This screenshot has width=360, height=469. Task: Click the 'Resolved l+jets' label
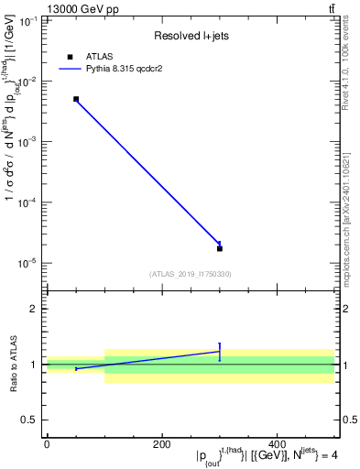pos(190,36)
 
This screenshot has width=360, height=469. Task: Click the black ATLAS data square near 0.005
pos(76,99)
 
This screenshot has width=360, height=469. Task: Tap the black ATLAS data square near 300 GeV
pos(220,248)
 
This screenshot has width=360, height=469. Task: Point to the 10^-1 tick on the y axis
pos(28,20)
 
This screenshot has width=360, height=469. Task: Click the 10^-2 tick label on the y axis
pos(28,82)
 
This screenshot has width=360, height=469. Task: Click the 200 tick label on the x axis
pos(162,444)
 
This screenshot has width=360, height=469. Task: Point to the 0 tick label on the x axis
pos(47,444)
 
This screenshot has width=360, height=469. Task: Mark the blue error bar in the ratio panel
pos(220,352)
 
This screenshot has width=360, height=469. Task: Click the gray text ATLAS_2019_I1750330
pos(190,273)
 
